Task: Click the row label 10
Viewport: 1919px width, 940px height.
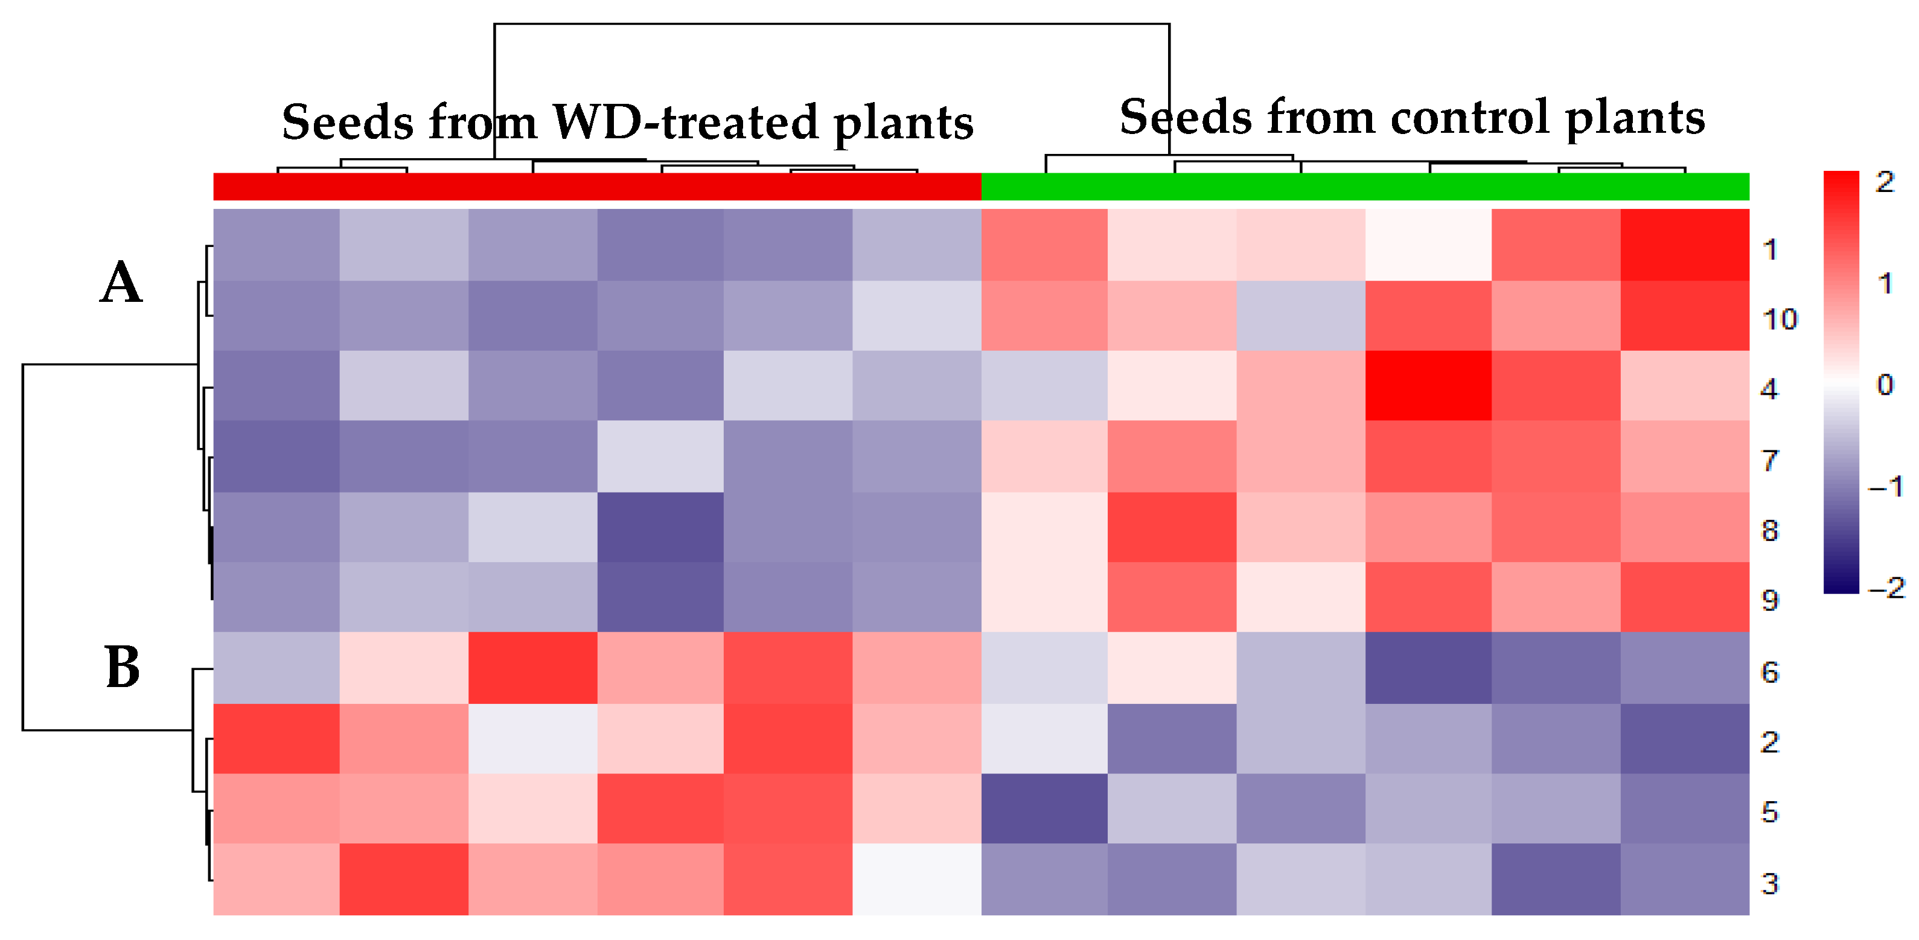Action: (x=1779, y=319)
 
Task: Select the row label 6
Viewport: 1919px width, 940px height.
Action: (x=1769, y=673)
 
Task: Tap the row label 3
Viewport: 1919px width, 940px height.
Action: (x=1769, y=883)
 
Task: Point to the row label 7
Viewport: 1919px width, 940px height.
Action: (x=1769, y=460)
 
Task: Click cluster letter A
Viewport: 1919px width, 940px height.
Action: (x=121, y=283)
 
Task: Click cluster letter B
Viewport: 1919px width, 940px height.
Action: (x=122, y=667)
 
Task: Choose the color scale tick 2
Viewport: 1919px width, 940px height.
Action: (x=1885, y=182)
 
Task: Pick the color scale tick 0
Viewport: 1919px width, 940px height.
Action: (x=1885, y=385)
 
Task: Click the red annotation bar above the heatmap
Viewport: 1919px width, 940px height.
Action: (x=596, y=186)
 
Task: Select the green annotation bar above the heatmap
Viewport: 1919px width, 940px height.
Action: (x=1365, y=186)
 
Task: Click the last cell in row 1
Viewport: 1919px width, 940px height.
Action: (x=1684, y=245)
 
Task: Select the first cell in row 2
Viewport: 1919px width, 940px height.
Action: (x=276, y=738)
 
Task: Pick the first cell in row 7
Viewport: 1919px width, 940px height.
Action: (x=276, y=456)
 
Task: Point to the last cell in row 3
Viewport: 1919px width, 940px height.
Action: (x=1684, y=879)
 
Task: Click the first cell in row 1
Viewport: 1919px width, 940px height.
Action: (x=276, y=245)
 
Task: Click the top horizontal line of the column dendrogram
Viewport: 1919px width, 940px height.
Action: (x=831, y=24)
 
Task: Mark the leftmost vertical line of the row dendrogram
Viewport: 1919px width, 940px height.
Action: (x=23, y=547)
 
